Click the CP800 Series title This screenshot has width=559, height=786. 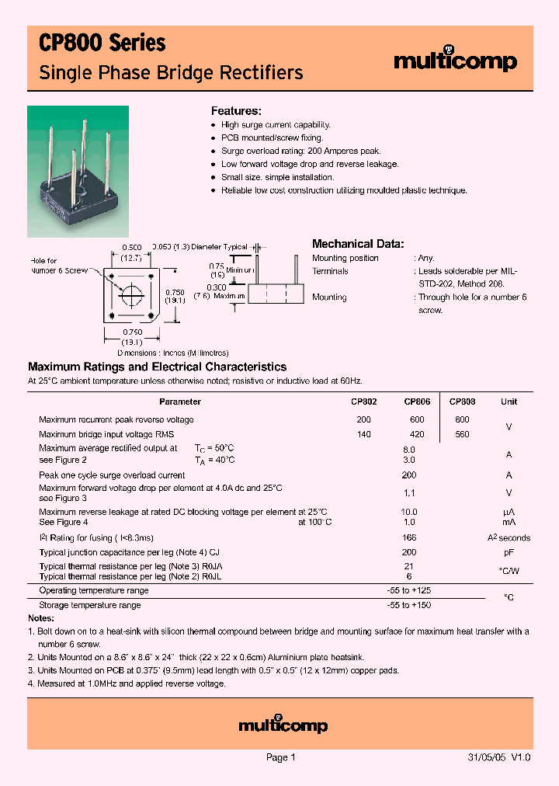102,43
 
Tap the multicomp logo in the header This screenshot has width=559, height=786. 455,61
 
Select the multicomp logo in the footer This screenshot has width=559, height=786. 283,725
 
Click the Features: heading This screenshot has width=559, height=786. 236,111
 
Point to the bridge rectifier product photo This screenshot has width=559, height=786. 78,171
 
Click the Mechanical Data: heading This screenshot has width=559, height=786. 357,244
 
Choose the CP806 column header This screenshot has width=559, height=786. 417,402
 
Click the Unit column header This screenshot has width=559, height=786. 509,402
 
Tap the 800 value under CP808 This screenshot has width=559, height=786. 462,419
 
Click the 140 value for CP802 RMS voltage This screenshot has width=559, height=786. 363,435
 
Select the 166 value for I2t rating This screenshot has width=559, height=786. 409,537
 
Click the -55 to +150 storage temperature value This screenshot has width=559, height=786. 409,604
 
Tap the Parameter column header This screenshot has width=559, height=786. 179,402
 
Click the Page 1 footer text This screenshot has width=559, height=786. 280,757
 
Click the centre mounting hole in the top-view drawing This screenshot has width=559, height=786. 131,295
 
